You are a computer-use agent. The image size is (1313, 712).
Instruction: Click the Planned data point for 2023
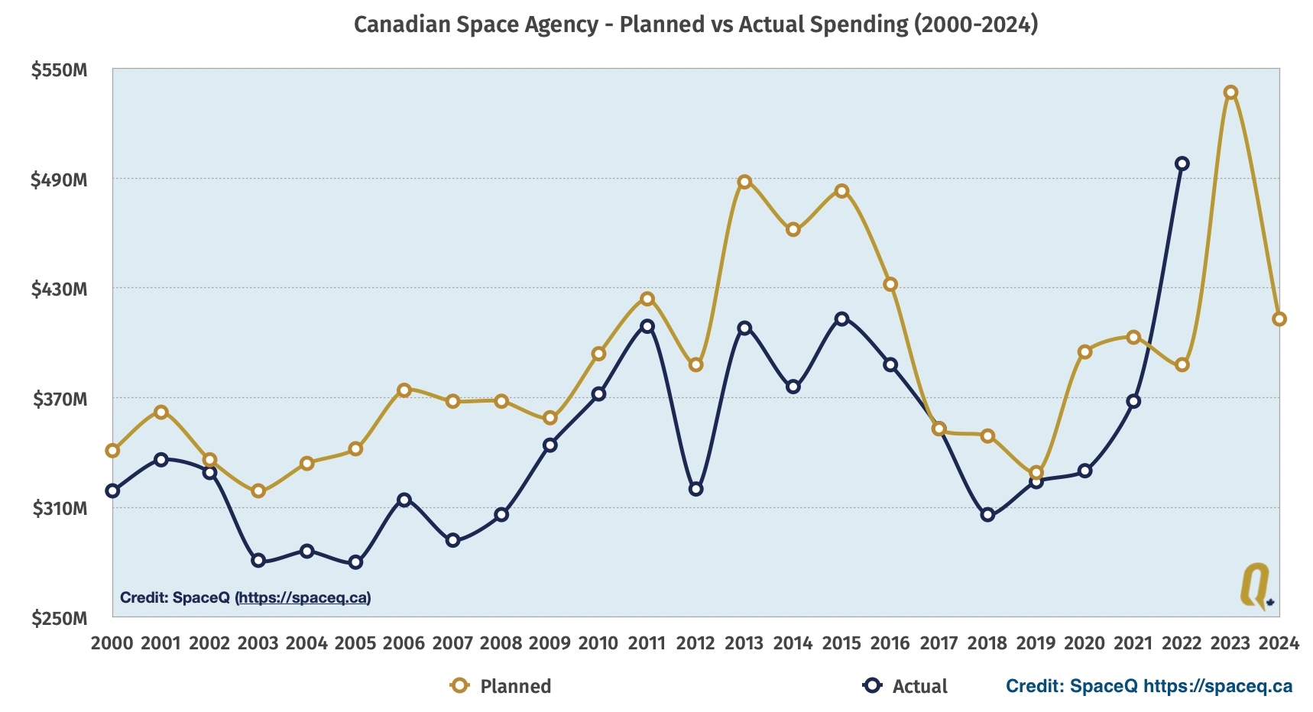pos(1230,92)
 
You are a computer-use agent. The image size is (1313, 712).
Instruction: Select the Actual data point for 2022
pos(1182,163)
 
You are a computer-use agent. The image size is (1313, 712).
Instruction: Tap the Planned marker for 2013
pos(744,182)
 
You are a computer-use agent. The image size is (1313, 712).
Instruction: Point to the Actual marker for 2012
pos(695,489)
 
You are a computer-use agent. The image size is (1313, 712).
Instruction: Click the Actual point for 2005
pos(355,562)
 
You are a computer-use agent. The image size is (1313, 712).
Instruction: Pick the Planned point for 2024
pos(1279,319)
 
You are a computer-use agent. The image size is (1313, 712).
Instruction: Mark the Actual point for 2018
pos(987,515)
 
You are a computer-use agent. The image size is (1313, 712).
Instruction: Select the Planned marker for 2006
pos(404,390)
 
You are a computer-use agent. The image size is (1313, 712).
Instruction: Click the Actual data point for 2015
pos(841,319)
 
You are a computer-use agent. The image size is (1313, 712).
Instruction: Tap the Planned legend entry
pos(501,686)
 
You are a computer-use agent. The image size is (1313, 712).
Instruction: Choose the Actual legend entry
pos(906,686)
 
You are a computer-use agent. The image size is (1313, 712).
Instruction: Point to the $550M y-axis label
pos(60,70)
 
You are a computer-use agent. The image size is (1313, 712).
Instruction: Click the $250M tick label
pos(60,618)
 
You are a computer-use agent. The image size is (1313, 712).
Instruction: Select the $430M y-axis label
pos(60,290)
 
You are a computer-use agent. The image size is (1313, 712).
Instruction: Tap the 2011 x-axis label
pos(647,643)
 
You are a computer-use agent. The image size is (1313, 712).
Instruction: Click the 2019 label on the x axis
pos(1036,643)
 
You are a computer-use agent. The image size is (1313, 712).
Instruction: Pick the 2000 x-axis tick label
pos(112,643)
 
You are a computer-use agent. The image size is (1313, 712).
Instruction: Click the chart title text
pos(695,24)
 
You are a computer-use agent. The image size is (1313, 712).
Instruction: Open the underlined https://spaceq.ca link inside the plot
pos(303,597)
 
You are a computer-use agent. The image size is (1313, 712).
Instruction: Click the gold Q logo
pos(1256,587)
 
